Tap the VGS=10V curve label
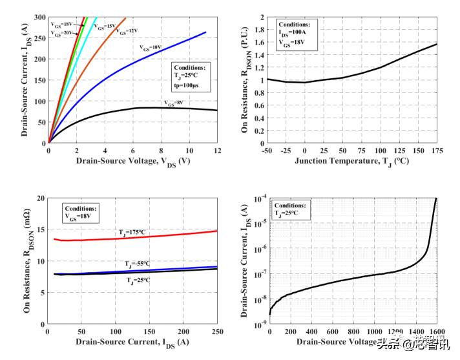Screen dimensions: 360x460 coord(151,47)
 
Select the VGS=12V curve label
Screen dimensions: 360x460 coord(127,30)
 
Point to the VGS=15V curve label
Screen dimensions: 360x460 coord(104,27)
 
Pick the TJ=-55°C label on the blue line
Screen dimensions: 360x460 coord(137,264)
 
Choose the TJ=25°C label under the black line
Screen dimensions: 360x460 coord(137,281)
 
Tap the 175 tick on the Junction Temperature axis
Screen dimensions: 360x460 coord(437,150)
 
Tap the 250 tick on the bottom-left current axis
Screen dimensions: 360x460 coord(217,331)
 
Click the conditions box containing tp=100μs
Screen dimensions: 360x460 coord(192,77)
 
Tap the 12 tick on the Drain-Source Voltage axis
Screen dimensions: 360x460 coord(217,150)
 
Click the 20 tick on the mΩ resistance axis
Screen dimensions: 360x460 coord(40,198)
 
